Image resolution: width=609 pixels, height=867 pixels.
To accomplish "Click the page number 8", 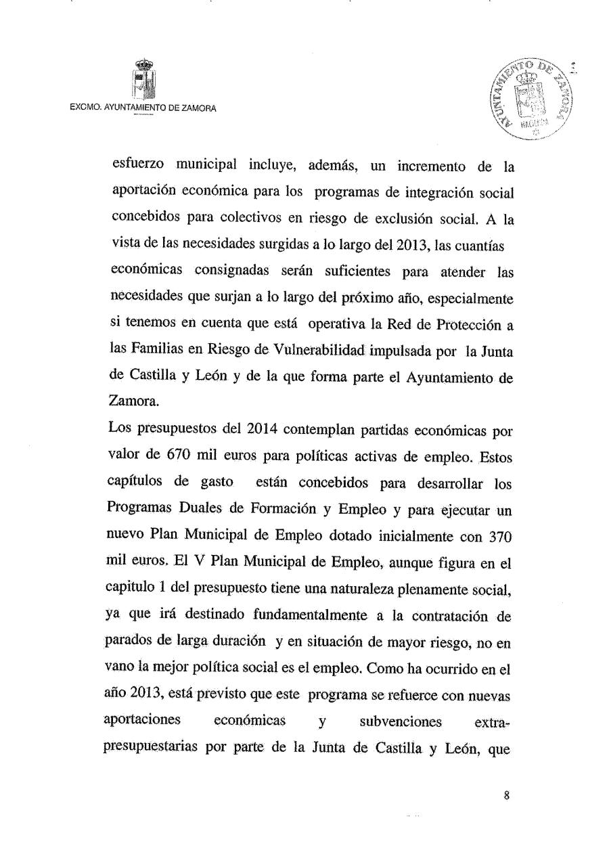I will pyautogui.click(x=506, y=796).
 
